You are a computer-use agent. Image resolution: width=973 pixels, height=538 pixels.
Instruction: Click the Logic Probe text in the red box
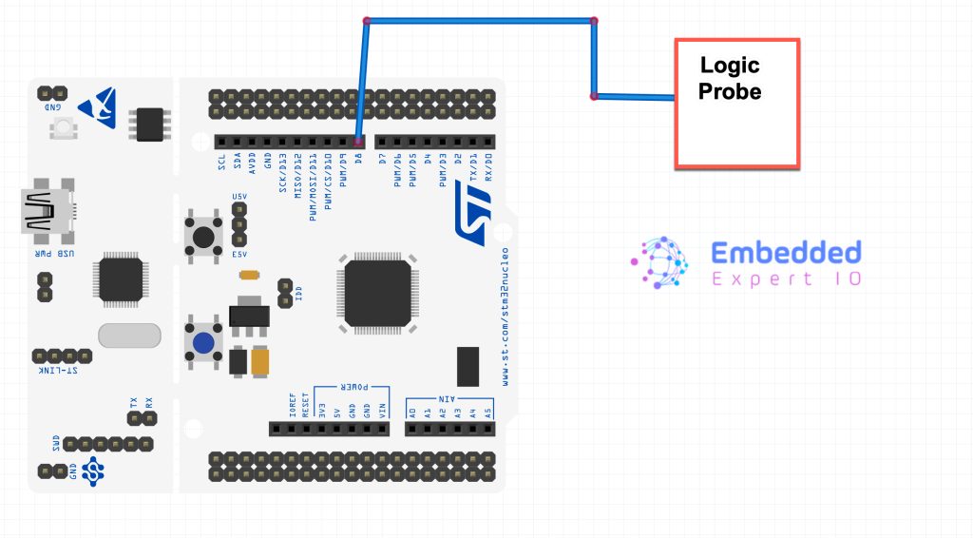tap(730, 79)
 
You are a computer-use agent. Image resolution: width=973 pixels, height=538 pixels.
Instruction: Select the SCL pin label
tap(221, 163)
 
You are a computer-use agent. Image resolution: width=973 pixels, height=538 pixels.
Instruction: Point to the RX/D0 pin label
tap(488, 167)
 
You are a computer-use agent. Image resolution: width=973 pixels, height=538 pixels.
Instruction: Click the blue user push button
tap(202, 343)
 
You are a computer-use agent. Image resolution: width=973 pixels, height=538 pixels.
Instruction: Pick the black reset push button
tap(202, 234)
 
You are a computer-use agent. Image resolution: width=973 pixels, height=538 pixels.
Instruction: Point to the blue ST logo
tap(470, 208)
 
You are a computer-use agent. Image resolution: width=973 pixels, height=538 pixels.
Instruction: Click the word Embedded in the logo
tap(786, 253)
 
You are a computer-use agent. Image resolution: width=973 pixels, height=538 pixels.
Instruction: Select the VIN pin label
tap(384, 411)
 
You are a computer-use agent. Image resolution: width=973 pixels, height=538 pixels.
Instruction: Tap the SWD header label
tap(56, 444)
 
